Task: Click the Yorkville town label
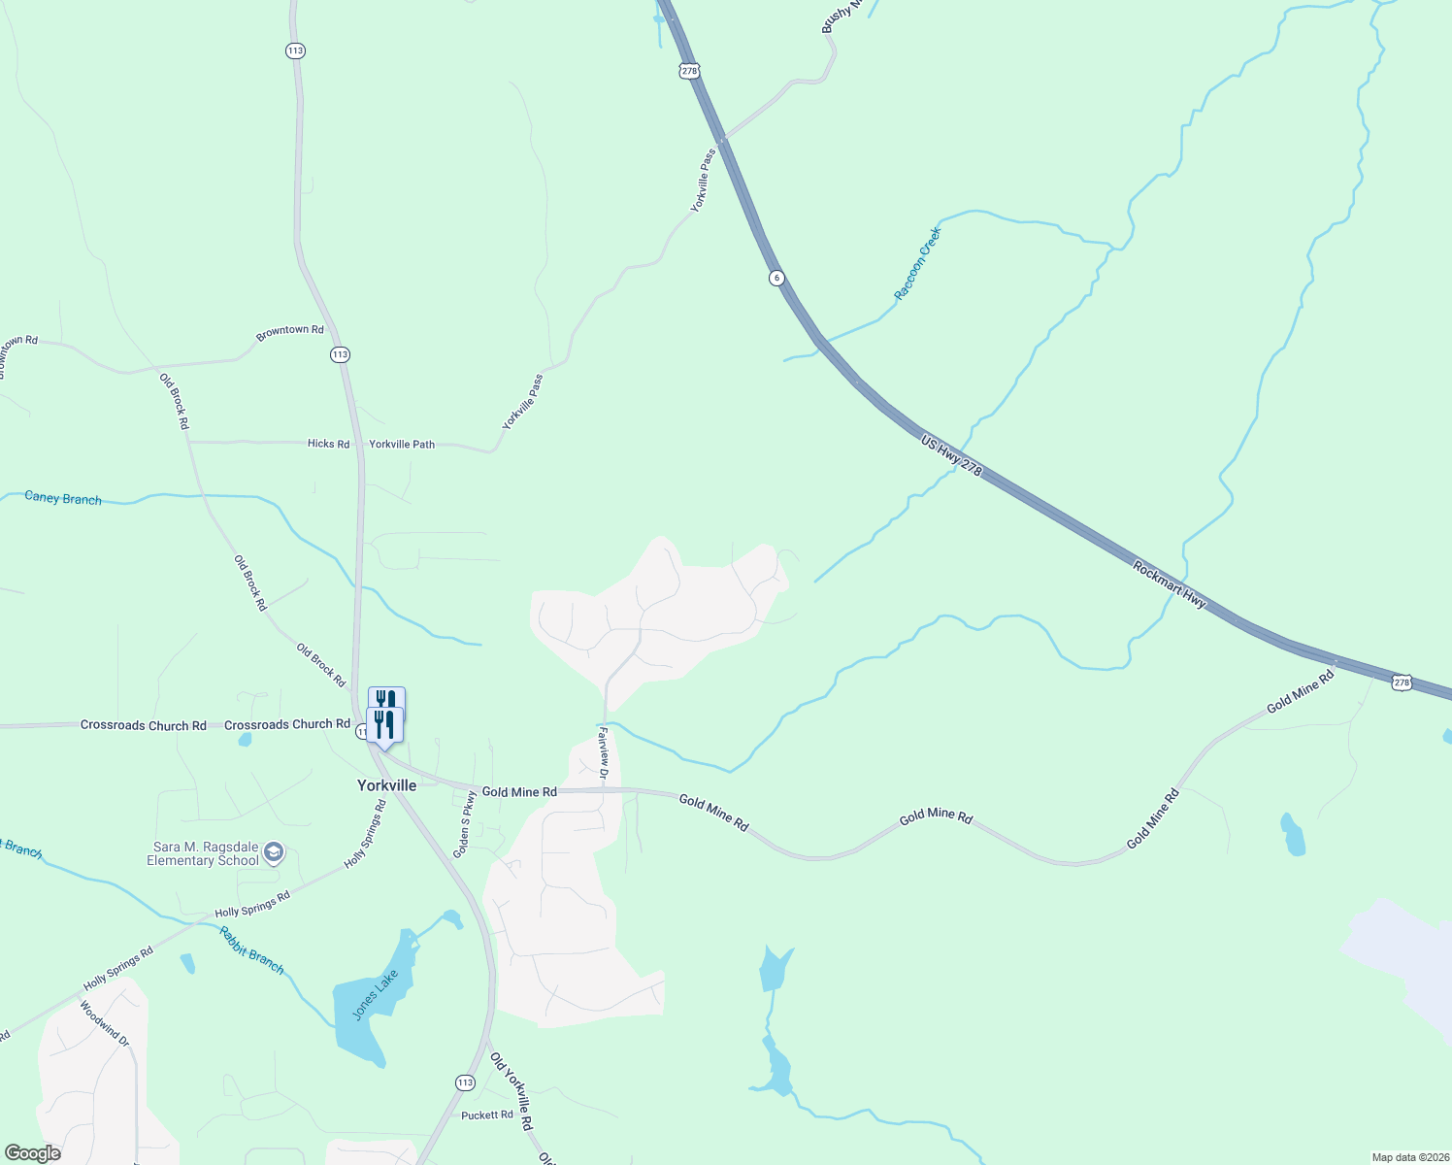coord(386,785)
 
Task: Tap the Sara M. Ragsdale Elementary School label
coord(203,853)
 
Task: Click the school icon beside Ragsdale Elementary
coord(274,852)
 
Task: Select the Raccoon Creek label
coord(917,263)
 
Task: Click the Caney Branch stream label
coord(63,498)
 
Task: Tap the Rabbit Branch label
coord(251,950)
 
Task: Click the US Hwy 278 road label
coord(951,456)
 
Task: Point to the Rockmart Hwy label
coord(1170,584)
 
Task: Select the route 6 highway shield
coord(776,278)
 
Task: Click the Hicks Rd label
coord(328,444)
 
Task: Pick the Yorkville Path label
coord(402,444)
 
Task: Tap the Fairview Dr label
coord(603,751)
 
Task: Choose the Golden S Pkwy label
coord(466,823)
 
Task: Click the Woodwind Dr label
coord(104,1022)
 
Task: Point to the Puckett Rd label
coord(486,1115)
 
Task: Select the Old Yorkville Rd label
coord(511,1091)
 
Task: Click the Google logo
coord(33,1153)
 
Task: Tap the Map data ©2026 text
coord(1408,1157)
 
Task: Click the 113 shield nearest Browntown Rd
coord(339,354)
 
